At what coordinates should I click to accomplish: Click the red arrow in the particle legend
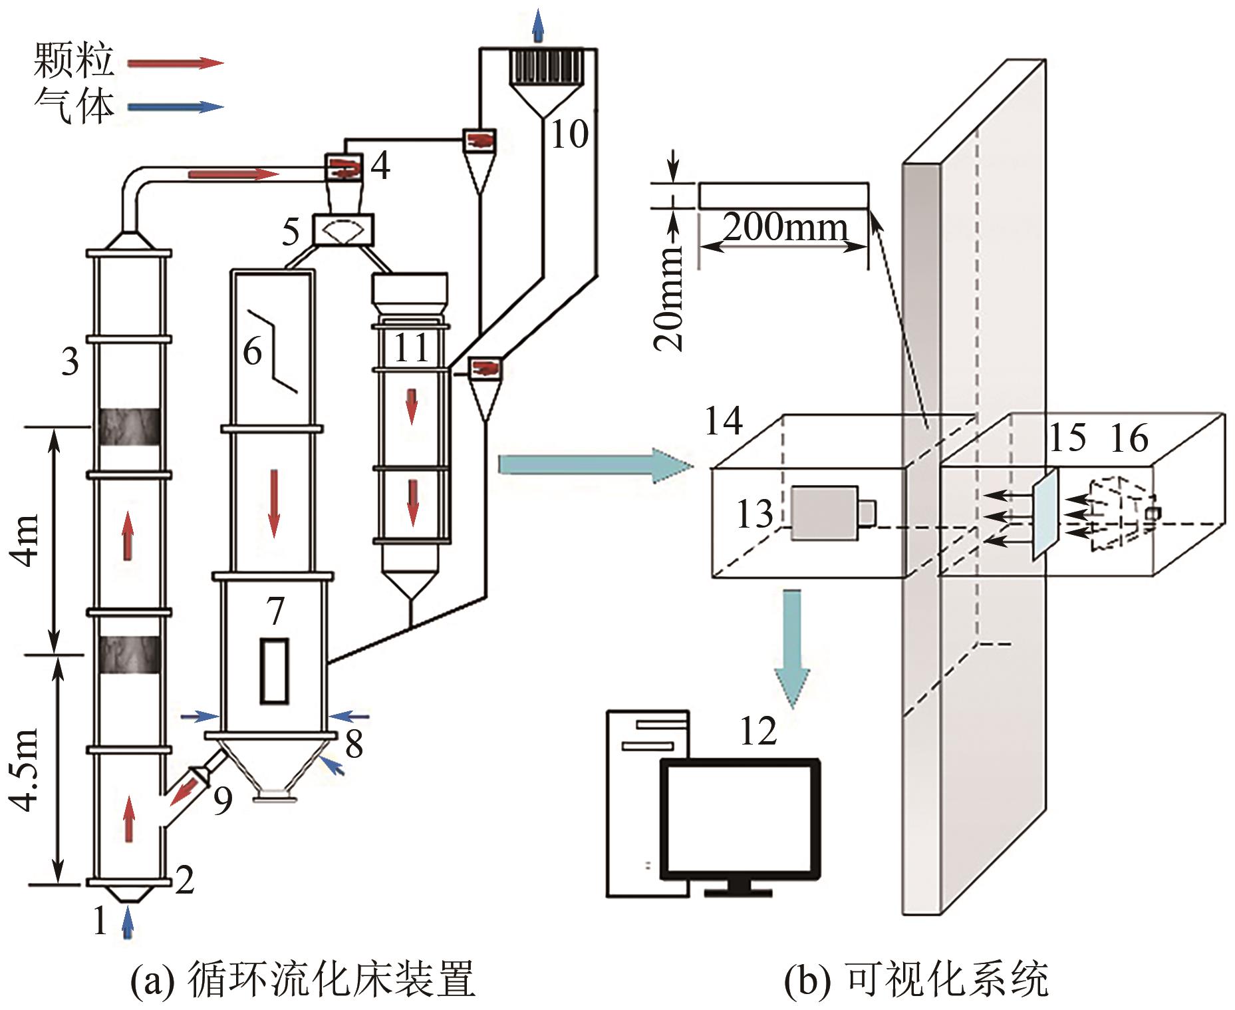(x=174, y=63)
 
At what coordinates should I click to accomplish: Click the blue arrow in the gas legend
(x=174, y=106)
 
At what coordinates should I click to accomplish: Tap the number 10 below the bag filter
(x=569, y=135)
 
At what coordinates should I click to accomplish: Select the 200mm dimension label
(x=785, y=228)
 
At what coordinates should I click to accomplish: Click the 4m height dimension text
(x=27, y=539)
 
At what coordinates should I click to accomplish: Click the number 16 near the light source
(x=1129, y=438)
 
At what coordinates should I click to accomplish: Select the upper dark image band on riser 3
(x=129, y=426)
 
